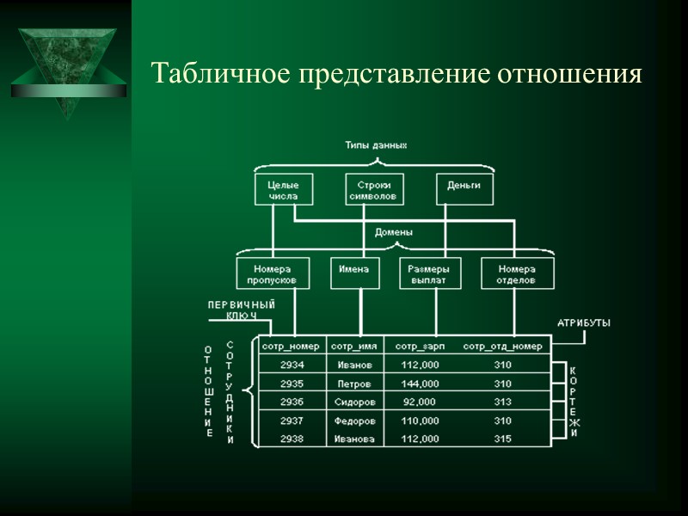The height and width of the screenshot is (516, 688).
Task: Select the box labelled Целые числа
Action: point(283,190)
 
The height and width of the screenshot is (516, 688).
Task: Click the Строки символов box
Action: point(374,190)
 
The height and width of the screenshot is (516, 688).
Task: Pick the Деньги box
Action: point(464,187)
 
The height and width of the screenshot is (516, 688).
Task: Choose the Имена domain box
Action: point(353,270)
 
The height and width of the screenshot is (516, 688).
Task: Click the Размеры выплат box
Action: point(430,274)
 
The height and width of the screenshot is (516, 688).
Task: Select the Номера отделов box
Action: point(517,274)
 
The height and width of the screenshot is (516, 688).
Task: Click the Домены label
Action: point(394,232)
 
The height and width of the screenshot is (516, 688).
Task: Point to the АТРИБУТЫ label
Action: point(584,323)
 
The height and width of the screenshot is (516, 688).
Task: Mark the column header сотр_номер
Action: point(292,347)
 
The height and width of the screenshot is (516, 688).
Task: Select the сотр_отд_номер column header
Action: point(503,347)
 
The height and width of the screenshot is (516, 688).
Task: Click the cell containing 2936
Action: point(292,402)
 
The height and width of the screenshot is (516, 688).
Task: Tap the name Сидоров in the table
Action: point(354,402)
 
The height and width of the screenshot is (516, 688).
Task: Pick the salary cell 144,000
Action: point(420,384)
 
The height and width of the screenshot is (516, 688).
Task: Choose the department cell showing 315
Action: point(503,439)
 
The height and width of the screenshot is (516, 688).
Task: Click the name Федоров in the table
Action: point(354,421)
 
